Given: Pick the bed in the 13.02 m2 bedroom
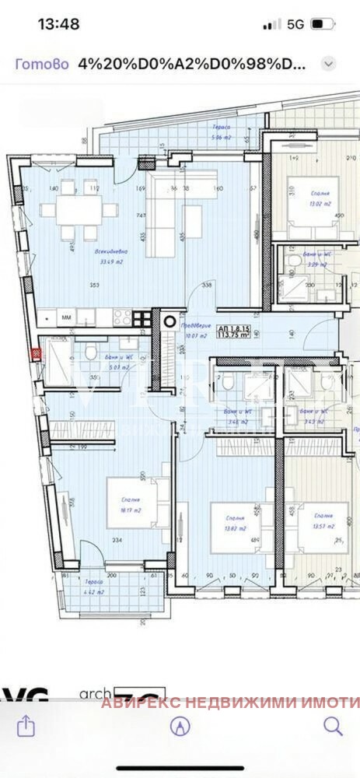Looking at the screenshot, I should pyautogui.click(x=309, y=206).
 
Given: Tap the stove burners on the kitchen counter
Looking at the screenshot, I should pyautogui.click(x=122, y=317).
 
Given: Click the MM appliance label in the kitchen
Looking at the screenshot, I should pyautogui.click(x=67, y=317).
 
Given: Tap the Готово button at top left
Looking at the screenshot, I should pyautogui.click(x=37, y=64).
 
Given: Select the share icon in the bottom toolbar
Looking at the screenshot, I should pyautogui.click(x=26, y=726).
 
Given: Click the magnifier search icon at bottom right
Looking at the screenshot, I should pyautogui.click(x=333, y=726).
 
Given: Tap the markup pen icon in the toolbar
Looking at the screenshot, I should pyautogui.click(x=180, y=726).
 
